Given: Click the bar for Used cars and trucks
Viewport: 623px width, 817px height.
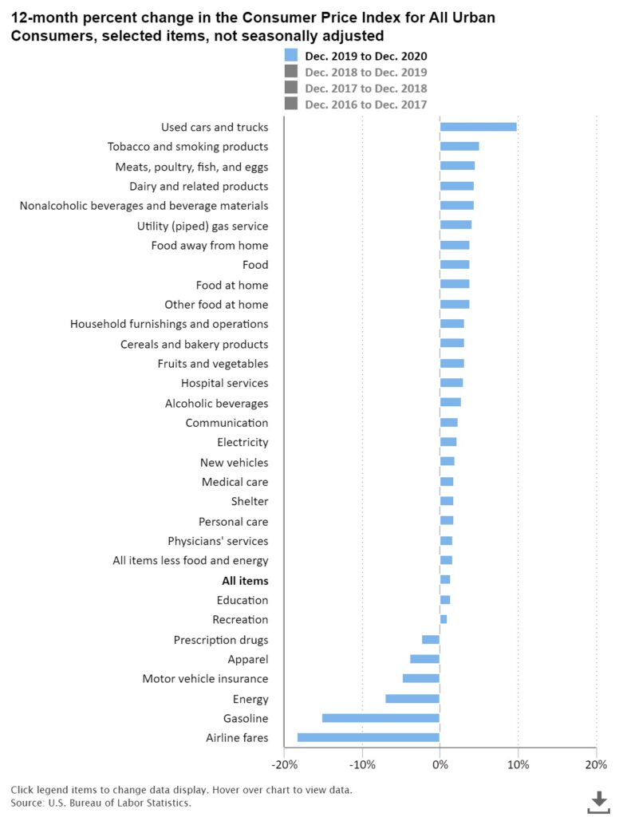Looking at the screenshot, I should [x=478, y=127].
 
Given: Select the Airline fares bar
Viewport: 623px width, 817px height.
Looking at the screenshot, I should [x=368, y=737].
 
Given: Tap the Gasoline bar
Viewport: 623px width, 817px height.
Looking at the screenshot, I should [x=381, y=718].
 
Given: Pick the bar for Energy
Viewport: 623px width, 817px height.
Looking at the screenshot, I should [x=412, y=699].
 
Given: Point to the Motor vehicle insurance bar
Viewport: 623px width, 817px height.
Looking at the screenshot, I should [x=421, y=678].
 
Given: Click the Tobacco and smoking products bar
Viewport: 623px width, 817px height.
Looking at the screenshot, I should [x=459, y=146].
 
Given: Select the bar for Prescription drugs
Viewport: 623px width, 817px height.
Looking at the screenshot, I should [x=431, y=639].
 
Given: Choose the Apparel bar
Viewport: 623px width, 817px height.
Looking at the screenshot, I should [x=425, y=659].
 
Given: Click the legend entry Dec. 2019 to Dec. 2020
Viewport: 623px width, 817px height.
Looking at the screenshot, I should [x=365, y=56].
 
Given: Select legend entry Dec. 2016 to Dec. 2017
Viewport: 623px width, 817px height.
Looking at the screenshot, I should [x=365, y=105].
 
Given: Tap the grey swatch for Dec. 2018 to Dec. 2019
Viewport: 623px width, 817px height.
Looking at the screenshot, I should [x=290, y=72].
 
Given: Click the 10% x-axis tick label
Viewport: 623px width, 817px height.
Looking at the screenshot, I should [x=518, y=765].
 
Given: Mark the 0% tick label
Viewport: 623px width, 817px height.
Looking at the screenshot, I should [x=440, y=765].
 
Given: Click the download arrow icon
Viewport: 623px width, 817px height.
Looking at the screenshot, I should [x=598, y=802].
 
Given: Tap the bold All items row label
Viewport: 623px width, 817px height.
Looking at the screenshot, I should [x=245, y=581].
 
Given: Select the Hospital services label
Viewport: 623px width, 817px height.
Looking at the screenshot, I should [x=224, y=383].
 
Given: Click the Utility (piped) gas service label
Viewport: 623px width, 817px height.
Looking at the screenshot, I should [x=203, y=226].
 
